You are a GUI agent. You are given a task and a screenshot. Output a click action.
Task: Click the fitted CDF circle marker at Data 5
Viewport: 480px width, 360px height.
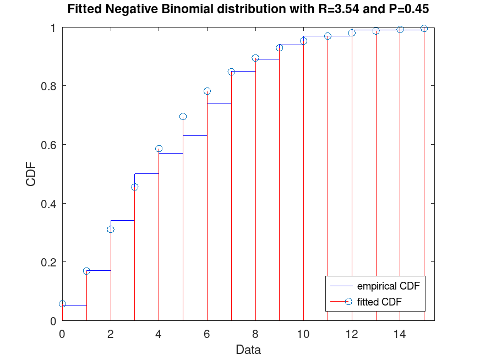click(183, 117)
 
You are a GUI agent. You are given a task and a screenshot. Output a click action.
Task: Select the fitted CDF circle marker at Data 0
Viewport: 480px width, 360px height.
click(62, 304)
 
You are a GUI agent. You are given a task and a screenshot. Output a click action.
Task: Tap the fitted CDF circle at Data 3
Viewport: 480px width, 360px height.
click(135, 187)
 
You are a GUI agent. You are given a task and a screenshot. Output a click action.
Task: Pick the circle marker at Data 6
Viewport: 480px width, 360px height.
click(207, 91)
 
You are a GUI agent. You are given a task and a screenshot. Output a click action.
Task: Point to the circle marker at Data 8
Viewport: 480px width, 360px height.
click(255, 58)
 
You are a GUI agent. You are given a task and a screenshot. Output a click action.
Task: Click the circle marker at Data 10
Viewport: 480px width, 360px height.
click(303, 41)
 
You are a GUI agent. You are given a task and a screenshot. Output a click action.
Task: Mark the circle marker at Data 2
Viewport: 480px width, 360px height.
click(111, 229)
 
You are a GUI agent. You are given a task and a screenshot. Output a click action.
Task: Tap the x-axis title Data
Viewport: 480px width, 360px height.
click(248, 350)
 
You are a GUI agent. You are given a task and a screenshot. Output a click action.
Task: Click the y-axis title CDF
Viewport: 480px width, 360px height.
click(31, 174)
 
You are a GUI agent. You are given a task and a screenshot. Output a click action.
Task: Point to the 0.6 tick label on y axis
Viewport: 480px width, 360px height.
click(49, 145)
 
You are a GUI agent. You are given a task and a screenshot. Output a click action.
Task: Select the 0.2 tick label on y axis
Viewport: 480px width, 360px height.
click(49, 262)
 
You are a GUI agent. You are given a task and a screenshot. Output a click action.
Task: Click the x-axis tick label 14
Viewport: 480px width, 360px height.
click(400, 333)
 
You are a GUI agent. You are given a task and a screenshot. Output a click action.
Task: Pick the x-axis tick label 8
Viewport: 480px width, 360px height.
click(255, 333)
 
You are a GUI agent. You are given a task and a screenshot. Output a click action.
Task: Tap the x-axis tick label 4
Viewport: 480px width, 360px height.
click(159, 333)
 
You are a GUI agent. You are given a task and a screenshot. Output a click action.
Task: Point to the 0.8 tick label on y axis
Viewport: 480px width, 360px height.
click(49, 86)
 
